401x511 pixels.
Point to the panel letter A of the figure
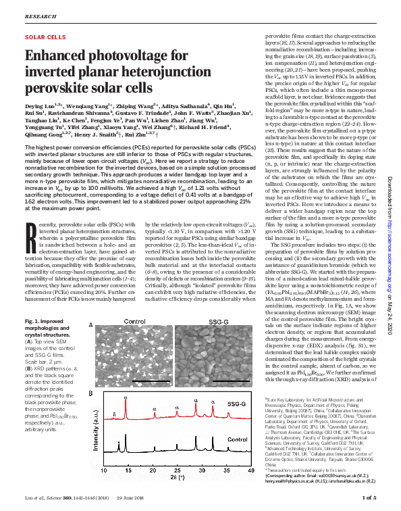[x=91, y=325]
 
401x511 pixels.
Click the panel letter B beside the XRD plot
[x=91, y=393]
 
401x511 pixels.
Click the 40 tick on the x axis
[x=250, y=487]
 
